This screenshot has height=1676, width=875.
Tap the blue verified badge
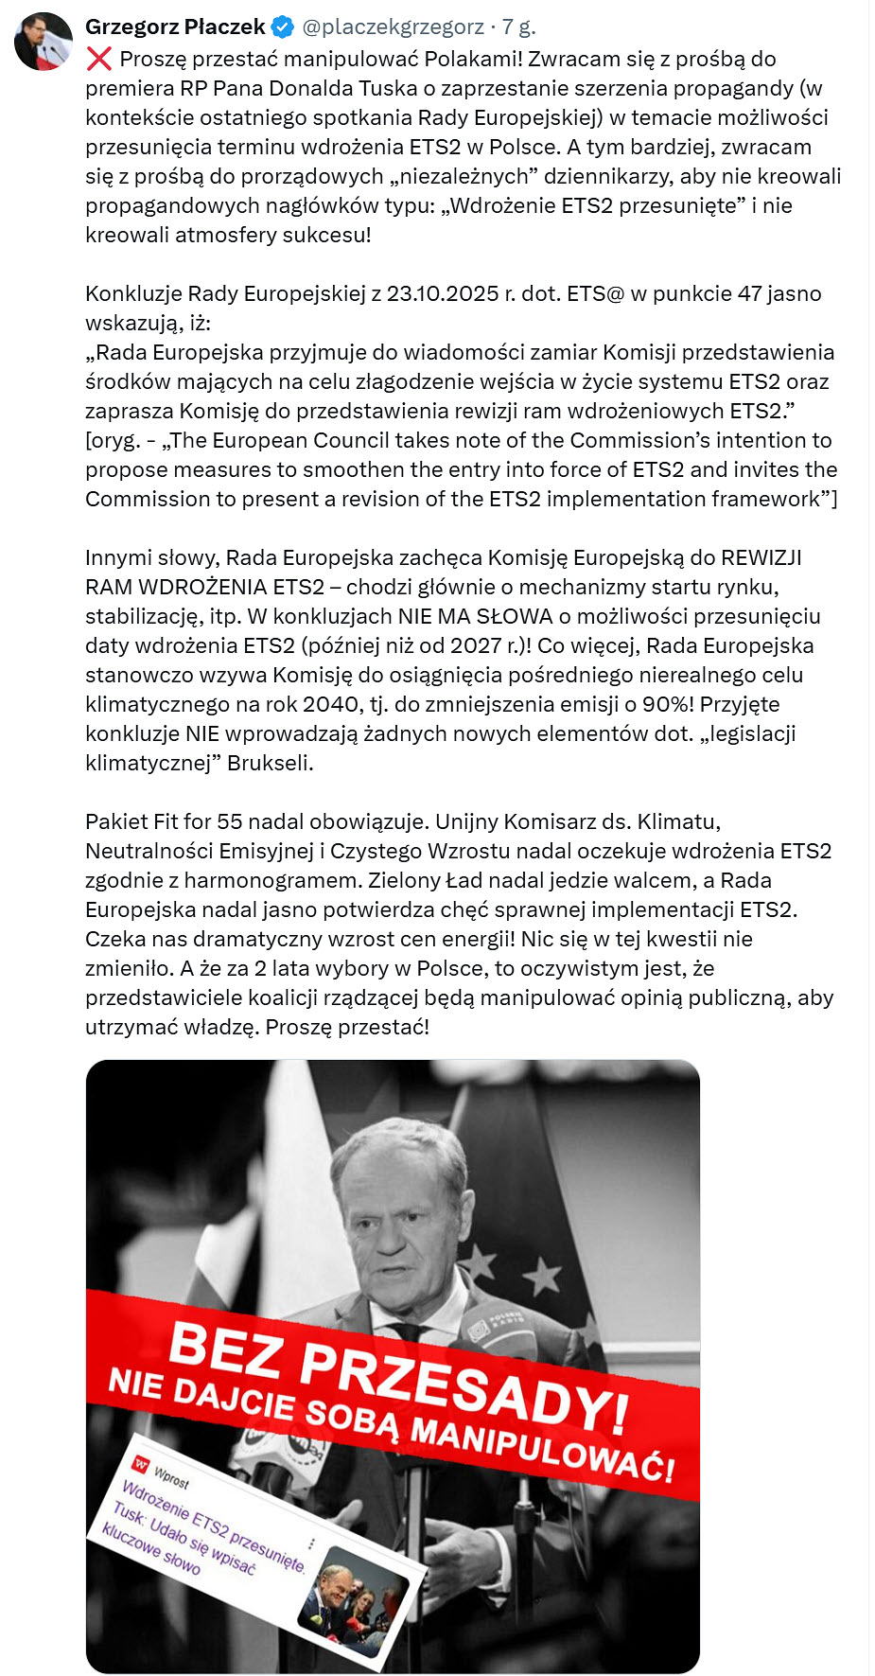(x=284, y=27)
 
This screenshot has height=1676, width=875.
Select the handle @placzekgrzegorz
(x=393, y=27)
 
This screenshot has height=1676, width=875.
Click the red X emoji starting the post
(x=98, y=60)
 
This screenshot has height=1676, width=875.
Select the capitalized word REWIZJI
(x=761, y=557)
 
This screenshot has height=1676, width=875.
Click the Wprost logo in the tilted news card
(x=142, y=1466)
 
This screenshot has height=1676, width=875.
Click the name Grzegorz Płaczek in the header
(x=175, y=27)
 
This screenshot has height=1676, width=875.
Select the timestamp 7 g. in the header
(x=518, y=27)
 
